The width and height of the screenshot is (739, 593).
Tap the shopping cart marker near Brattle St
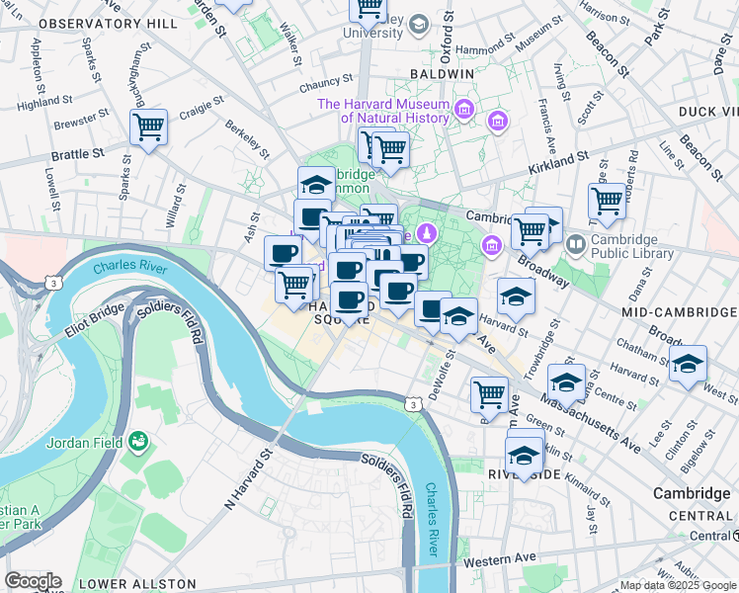click(148, 127)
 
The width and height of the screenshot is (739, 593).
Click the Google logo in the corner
click(32, 581)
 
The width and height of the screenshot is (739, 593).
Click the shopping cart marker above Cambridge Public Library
click(607, 202)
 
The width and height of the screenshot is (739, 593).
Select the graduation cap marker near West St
click(689, 365)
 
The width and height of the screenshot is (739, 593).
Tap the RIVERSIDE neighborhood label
click(524, 475)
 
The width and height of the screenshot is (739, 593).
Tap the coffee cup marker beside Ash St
click(283, 254)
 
